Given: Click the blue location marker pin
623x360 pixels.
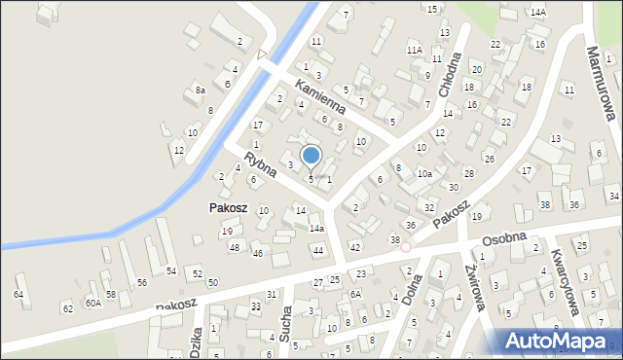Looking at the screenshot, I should coord(311,156).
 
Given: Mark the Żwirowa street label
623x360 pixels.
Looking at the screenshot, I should coord(474,290).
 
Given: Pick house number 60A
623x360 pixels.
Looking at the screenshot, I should coord(92,303).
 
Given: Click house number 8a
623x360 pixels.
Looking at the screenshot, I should coord(200,90).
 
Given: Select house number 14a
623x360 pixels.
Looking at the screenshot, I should coord(316,229).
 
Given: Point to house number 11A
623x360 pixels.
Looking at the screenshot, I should coord(414,49).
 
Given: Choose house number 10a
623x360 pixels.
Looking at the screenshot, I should coord(424,174).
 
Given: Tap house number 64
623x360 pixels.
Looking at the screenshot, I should coord(18,293).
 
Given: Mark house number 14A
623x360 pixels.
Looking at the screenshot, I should coord(537,12).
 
